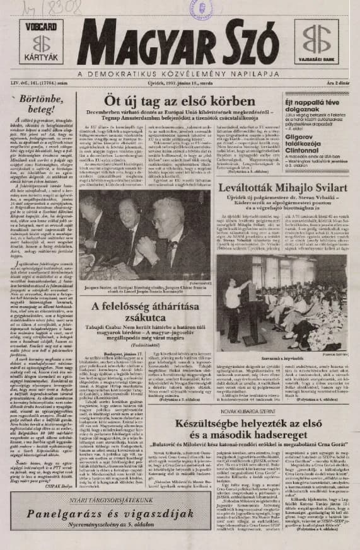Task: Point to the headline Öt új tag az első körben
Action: click(180, 101)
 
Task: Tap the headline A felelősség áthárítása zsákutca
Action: click(149, 315)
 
